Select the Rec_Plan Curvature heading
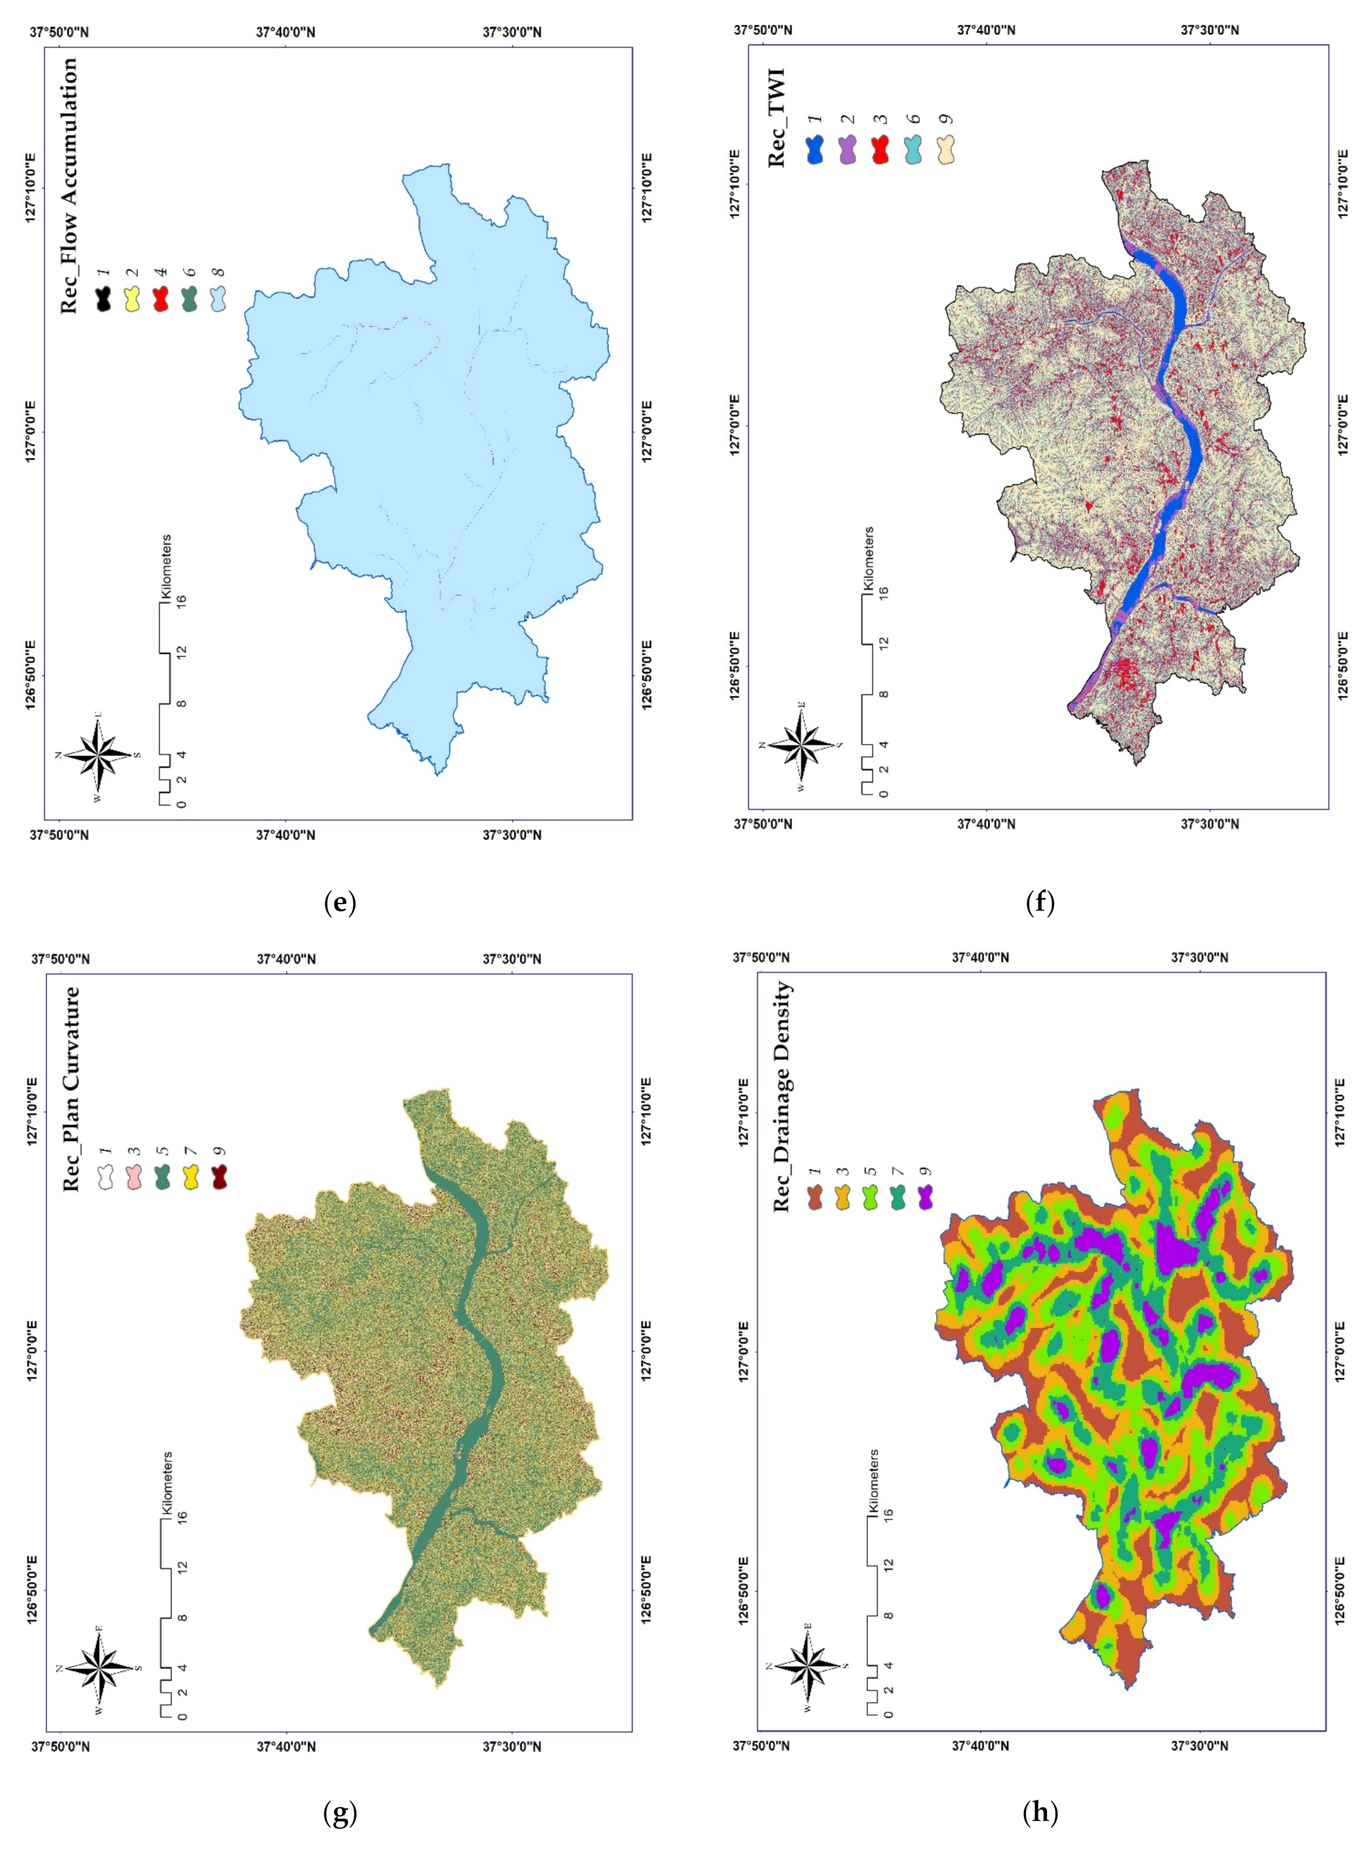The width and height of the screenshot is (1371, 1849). click(x=72, y=1088)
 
